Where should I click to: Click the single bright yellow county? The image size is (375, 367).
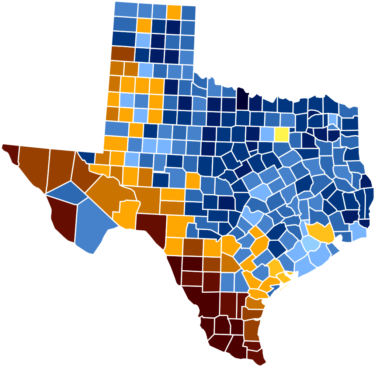281,134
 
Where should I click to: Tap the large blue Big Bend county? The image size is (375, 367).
92,225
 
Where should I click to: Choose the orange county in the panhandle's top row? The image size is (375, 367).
173,12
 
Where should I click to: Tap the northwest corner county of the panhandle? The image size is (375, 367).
125,9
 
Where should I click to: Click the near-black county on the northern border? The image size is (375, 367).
242,100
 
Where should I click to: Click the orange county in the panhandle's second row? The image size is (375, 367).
144,25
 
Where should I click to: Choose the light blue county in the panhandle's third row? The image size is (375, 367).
143,40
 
